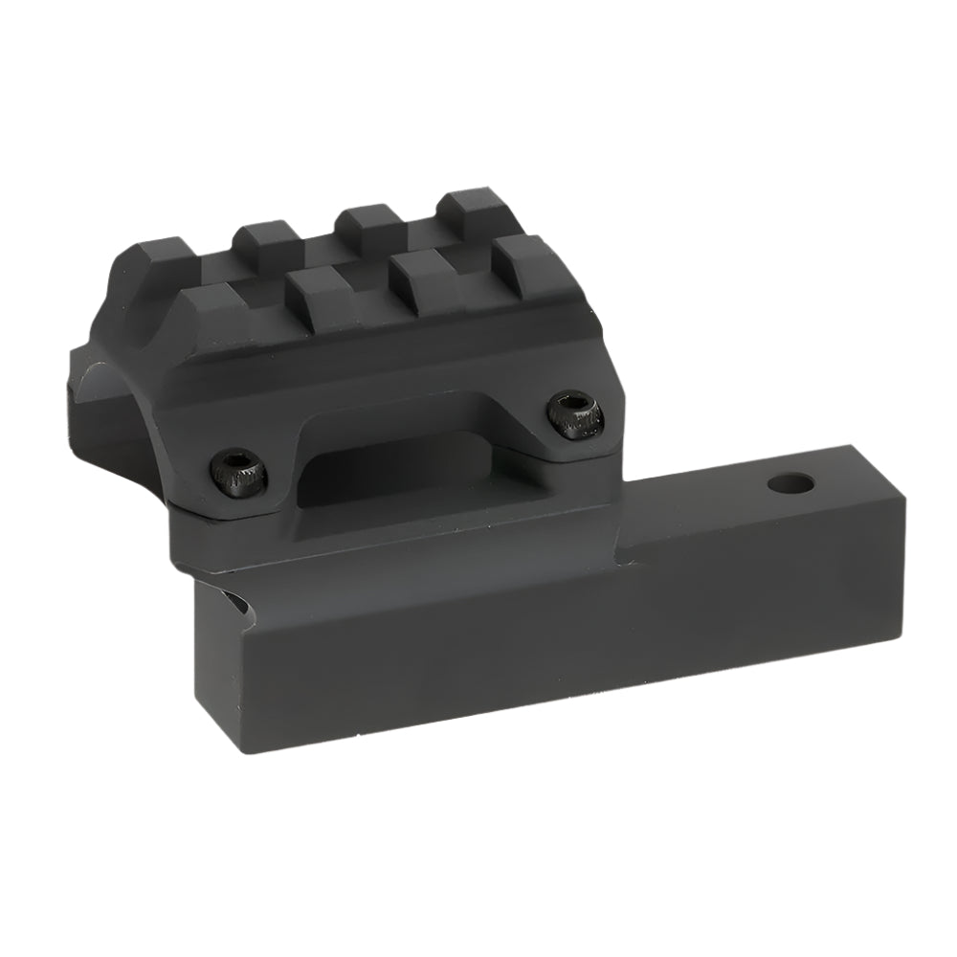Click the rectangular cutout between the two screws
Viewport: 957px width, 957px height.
[x=383, y=469]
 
